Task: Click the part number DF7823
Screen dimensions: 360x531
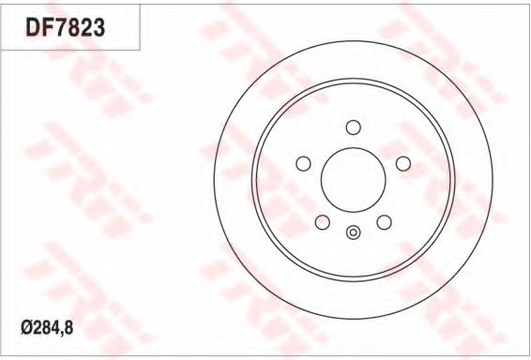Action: tap(65, 28)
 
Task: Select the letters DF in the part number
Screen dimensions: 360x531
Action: tap(37, 28)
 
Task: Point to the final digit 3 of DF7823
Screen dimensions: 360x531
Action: tap(97, 28)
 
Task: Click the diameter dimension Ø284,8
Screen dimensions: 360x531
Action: tap(46, 330)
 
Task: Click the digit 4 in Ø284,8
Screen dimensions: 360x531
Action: tap(54, 330)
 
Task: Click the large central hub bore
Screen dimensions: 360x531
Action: tap(353, 180)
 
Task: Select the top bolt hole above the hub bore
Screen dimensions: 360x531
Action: tap(353, 127)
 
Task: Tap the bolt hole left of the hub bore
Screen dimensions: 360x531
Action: tap(303, 164)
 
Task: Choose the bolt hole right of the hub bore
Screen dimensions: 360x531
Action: tap(403, 164)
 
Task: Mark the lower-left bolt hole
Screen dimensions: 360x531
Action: tap(322, 222)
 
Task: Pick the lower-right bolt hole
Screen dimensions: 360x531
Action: tap(384, 222)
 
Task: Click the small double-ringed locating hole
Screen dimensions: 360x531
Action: tap(353, 233)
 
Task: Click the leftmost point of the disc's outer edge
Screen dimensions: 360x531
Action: tap(214, 180)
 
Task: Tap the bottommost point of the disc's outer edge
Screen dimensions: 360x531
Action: tap(353, 319)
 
